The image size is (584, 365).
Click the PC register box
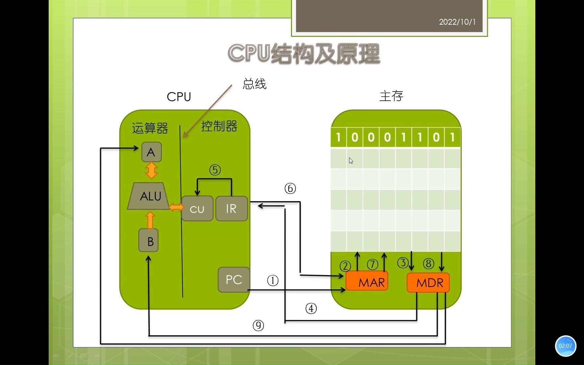pyautogui.click(x=234, y=279)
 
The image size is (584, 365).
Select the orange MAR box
pyautogui.click(x=367, y=282)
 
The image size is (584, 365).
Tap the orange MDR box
pyautogui.click(x=428, y=283)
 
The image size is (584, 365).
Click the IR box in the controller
pyautogui.click(x=232, y=209)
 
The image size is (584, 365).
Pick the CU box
pyautogui.click(x=197, y=209)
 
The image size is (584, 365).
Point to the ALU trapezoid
pyautogui.click(x=149, y=196)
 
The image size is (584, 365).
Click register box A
pyautogui.click(x=151, y=152)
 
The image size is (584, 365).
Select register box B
pyautogui.click(x=149, y=241)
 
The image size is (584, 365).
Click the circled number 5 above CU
pyautogui.click(x=215, y=170)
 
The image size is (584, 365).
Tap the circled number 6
pyautogui.click(x=290, y=188)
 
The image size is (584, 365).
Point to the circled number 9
pyautogui.click(x=258, y=325)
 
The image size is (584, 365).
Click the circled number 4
pyautogui.click(x=311, y=308)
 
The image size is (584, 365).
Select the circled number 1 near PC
pyautogui.click(x=273, y=280)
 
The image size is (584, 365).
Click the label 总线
pyautogui.click(x=254, y=84)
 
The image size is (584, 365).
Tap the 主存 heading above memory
pyautogui.click(x=391, y=96)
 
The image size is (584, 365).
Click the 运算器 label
pyautogui.click(x=150, y=128)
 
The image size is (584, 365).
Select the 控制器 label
pyautogui.click(x=219, y=126)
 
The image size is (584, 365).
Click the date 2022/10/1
pyautogui.click(x=457, y=22)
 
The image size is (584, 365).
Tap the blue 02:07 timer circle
pyautogui.click(x=565, y=346)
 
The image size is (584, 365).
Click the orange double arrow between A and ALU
pyautogui.click(x=151, y=171)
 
